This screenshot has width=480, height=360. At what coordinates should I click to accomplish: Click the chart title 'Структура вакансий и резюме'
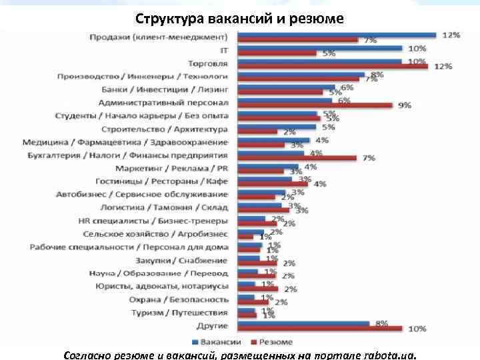[x=239, y=18]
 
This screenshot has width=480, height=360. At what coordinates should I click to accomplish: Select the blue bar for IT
[x=320, y=48]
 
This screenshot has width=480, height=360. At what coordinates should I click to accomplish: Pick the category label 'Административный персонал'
[x=163, y=103]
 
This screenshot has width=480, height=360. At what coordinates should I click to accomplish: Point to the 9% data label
[x=404, y=105]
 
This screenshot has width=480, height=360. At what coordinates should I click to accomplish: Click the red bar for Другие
[x=320, y=328]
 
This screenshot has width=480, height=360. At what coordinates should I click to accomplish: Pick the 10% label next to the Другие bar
[x=417, y=329]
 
